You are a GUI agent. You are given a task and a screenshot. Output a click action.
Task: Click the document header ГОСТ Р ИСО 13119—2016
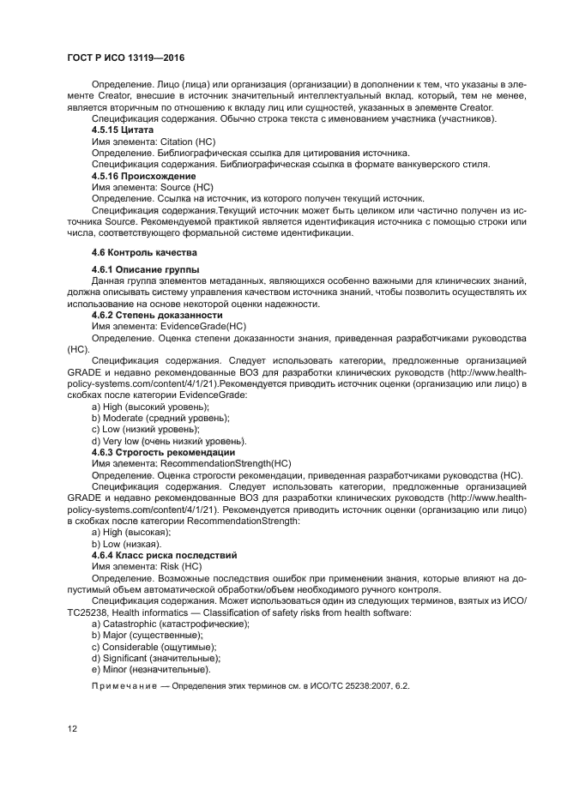(125, 57)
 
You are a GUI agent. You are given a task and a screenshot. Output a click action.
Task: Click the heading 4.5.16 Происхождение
(143, 175)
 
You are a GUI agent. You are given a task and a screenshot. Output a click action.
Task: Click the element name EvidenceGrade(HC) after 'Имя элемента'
(203, 326)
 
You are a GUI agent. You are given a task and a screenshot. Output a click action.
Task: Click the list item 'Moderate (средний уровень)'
(160, 417)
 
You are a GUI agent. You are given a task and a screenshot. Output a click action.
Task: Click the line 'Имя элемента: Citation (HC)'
(154, 140)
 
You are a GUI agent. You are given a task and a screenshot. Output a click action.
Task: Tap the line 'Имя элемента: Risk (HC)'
(147, 567)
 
